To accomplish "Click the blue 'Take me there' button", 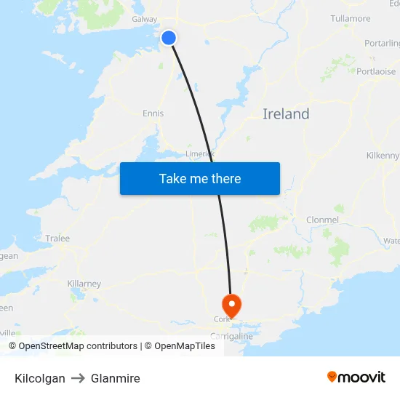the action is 200,178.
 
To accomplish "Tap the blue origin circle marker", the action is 169,38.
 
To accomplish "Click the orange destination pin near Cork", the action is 231,303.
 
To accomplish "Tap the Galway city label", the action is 144,19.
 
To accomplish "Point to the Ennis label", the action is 153,113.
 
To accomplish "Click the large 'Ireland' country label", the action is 286,114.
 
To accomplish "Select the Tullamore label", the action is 351,18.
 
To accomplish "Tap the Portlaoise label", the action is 376,71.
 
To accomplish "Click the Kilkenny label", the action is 383,156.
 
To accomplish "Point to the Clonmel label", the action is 322,220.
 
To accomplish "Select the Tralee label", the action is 57,238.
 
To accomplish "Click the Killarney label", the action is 84,284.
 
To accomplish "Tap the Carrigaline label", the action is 231,337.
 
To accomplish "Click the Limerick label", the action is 199,153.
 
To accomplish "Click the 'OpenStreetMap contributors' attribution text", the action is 78,346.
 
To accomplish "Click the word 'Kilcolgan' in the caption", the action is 40,378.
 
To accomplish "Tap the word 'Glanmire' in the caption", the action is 116,378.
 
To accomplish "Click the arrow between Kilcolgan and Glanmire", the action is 78,378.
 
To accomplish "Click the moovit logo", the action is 356,377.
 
